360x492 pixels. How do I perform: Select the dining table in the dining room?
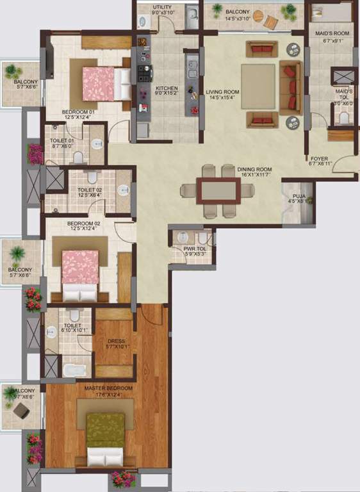point(218,191)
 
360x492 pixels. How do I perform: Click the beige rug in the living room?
point(258,86)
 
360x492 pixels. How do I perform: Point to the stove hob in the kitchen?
point(142,72)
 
